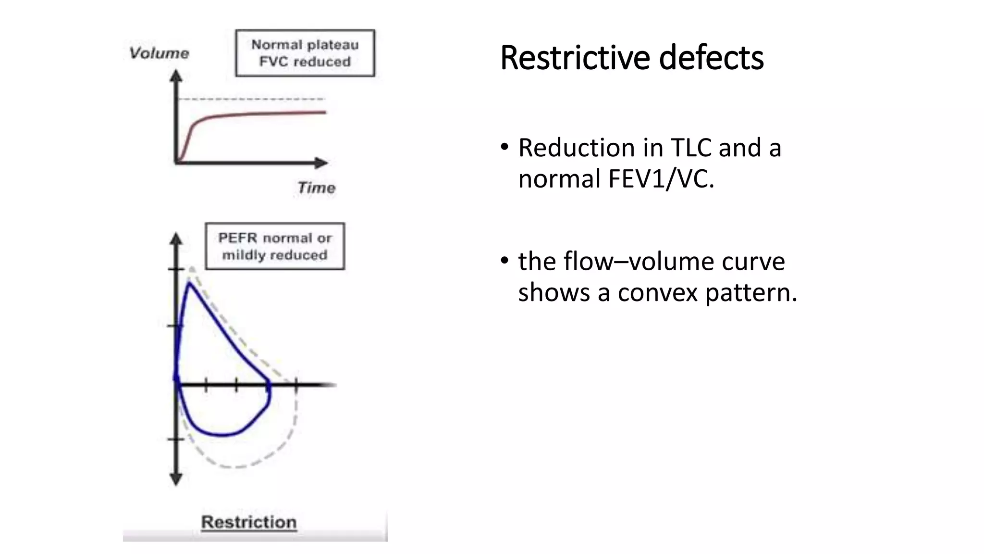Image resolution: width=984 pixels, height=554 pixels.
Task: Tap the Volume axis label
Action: (159, 53)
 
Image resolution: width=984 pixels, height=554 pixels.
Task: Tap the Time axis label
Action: (316, 188)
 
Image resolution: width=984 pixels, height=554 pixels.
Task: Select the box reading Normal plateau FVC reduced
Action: (305, 53)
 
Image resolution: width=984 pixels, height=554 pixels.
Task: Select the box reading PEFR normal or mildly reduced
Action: (275, 246)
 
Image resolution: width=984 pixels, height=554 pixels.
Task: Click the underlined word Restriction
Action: (248, 522)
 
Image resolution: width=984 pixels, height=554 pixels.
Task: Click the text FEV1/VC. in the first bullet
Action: (661, 179)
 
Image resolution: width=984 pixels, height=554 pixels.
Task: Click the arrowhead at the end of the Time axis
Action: (321, 163)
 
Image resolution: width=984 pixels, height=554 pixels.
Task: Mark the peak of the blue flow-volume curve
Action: (190, 283)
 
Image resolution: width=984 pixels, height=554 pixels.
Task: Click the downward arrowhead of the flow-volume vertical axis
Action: (176, 479)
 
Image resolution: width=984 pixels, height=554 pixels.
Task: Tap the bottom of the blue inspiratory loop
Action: (222, 435)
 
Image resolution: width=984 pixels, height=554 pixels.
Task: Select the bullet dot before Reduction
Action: (504, 147)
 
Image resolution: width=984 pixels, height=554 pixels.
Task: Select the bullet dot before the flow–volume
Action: (504, 261)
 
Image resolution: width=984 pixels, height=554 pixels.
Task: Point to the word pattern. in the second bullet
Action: (751, 292)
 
